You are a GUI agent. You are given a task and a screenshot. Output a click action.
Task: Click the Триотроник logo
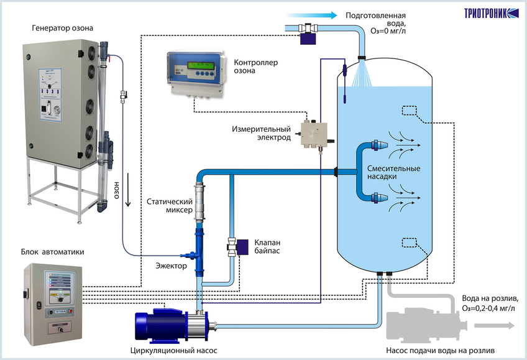[492, 13]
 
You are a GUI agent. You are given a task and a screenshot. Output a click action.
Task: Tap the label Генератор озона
[63, 28]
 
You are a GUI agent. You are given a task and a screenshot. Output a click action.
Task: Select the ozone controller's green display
[201, 65]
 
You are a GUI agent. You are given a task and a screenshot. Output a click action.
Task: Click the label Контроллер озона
[256, 67]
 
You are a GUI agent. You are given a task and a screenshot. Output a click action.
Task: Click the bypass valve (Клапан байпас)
[238, 247]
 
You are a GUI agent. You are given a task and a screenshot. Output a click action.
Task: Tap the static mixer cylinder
[200, 201]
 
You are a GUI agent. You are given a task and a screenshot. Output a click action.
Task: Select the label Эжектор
[171, 266]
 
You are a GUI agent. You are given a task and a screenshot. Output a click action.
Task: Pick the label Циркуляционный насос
[174, 351]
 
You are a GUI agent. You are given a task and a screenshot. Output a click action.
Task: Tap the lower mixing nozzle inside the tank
[379, 197]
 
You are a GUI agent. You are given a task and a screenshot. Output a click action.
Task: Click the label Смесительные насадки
[393, 172]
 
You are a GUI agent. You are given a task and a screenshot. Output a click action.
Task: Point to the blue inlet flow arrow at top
[311, 15]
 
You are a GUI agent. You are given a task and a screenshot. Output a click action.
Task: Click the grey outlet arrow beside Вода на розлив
[495, 325]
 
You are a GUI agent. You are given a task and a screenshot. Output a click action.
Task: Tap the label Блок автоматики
[52, 252]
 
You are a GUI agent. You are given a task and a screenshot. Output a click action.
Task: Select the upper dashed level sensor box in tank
[410, 111]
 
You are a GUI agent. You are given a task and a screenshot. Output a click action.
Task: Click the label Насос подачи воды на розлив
[440, 351]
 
